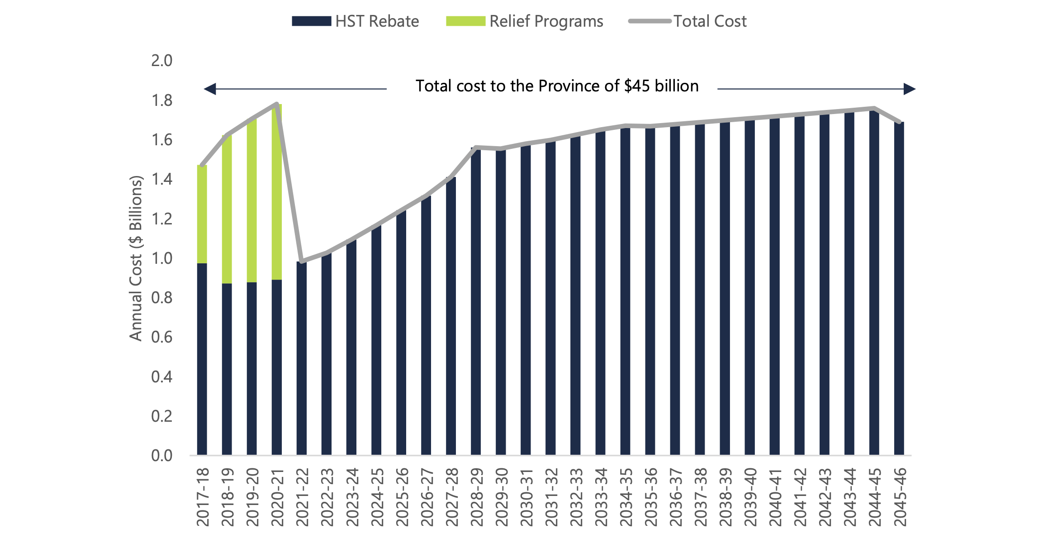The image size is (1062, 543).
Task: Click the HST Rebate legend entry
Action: [x=356, y=21]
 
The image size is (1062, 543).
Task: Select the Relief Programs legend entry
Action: [x=524, y=21]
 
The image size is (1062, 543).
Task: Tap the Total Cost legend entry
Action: [x=687, y=21]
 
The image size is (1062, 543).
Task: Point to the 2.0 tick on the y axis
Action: [x=161, y=61]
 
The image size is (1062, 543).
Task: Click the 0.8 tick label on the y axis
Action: [x=161, y=298]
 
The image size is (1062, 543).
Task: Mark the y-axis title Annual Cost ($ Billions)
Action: [x=136, y=258]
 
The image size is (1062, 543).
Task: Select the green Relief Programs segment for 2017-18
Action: [x=202, y=214]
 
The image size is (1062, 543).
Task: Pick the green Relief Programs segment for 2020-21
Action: [x=277, y=192]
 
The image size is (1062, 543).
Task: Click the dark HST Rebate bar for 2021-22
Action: [x=302, y=358]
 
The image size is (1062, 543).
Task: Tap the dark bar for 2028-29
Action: [x=476, y=301]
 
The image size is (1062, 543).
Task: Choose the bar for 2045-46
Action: [x=899, y=288]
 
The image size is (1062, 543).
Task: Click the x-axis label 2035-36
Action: [x=650, y=497]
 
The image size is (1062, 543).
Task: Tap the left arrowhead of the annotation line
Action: [x=210, y=89]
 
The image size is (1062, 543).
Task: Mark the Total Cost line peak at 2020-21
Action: [x=277, y=104]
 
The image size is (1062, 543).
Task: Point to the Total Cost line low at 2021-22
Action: [x=302, y=262]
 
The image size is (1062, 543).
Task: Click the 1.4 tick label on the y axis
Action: [x=161, y=179]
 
